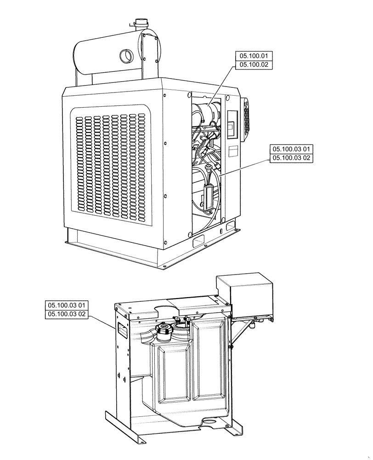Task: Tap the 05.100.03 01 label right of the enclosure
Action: click(292, 149)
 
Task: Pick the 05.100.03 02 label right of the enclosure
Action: click(292, 158)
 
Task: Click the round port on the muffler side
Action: click(125, 56)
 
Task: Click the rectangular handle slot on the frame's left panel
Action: click(122, 328)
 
